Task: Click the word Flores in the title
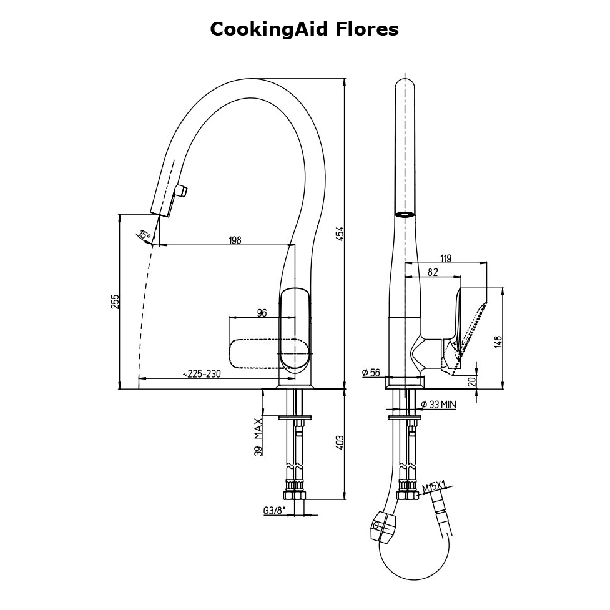tap(365, 29)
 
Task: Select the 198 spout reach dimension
tap(235, 239)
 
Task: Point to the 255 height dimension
tap(115, 302)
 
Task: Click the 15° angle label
tap(144, 235)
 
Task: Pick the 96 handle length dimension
tap(262, 312)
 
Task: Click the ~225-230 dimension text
tap(202, 373)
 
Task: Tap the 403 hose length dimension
tap(340, 443)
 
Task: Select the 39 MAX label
tap(258, 438)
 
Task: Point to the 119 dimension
tap(446, 258)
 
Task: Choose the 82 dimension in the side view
tap(432, 272)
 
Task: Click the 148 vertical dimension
tap(498, 342)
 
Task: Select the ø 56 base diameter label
tap(371, 373)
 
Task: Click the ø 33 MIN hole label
tap(438, 405)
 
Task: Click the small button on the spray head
tap(182, 190)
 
